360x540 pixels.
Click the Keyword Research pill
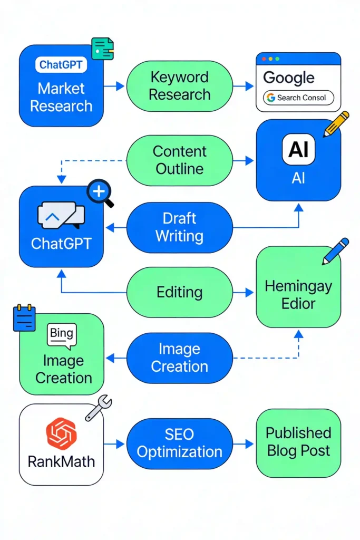click(180, 86)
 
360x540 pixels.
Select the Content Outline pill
click(180, 160)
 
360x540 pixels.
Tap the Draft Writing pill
click(180, 227)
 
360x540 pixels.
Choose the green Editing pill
click(180, 292)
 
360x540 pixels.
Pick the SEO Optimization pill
click(180, 443)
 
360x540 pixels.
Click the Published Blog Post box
click(298, 442)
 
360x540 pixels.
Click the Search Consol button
click(299, 98)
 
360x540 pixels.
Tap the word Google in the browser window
click(289, 78)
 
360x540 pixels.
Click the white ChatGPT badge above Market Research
click(61, 65)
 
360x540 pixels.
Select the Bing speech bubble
click(62, 335)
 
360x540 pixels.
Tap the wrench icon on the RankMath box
click(99, 408)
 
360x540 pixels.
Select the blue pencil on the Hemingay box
click(336, 251)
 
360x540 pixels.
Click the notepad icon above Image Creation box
click(24, 318)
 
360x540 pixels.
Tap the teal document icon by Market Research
click(102, 48)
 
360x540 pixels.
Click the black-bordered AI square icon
click(298, 149)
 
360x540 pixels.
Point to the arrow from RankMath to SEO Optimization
click(114, 444)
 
